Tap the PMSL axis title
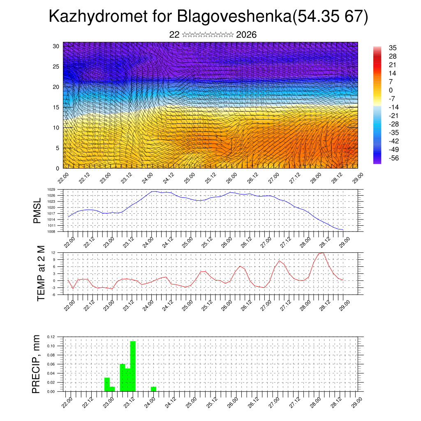37,211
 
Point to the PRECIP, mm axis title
37,364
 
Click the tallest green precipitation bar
133,366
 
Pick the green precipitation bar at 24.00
153,389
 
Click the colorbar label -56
392,158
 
